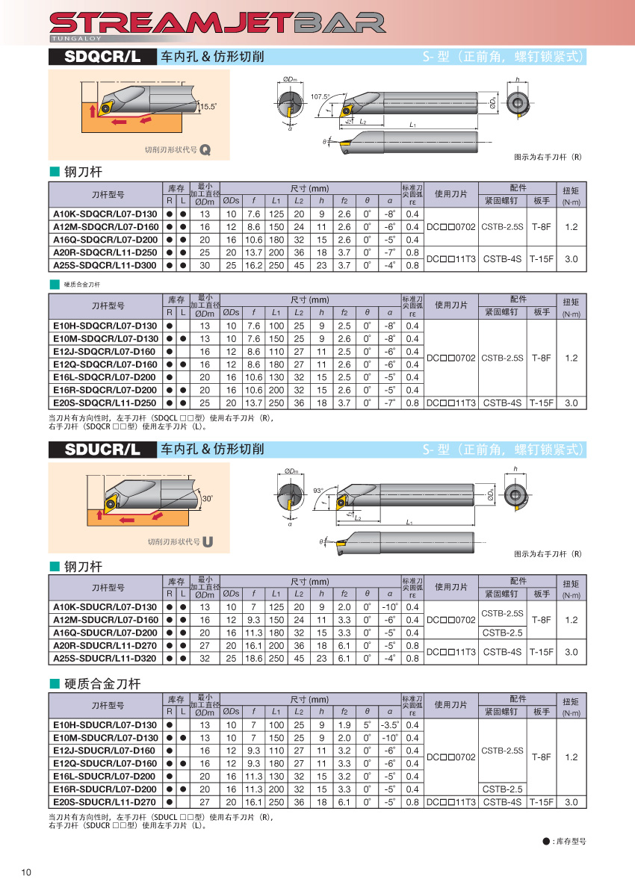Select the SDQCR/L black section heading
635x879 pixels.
(102, 56)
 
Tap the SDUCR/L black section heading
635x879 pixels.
(102, 449)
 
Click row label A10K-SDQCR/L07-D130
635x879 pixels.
(105, 214)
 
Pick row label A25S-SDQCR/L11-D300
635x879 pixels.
(105, 265)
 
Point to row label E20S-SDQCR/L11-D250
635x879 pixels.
(105, 403)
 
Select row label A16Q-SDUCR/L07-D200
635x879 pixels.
(105, 633)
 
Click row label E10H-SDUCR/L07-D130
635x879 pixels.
(105, 725)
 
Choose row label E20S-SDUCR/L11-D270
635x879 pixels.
(105, 801)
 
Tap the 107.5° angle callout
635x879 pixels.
(319, 96)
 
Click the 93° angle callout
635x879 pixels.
(318, 491)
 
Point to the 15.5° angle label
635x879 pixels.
(208, 107)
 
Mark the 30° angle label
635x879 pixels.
(208, 498)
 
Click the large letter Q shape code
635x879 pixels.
(205, 150)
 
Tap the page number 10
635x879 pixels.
(27, 872)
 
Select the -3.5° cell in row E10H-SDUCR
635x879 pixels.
(389, 725)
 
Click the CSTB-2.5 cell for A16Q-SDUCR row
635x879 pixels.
(503, 633)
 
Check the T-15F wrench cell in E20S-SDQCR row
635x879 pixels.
(541, 403)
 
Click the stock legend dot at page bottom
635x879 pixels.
(546, 842)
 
